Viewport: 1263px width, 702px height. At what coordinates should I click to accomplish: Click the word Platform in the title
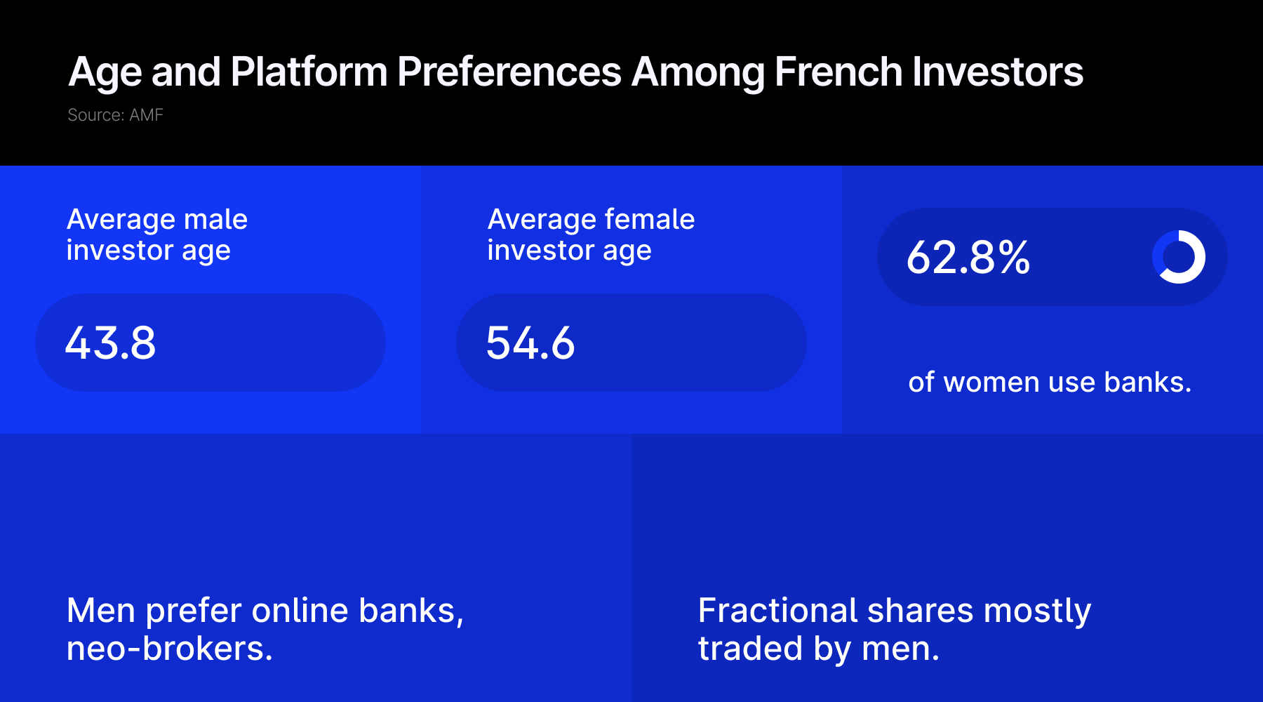[x=309, y=72]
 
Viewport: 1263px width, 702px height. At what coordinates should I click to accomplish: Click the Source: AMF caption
[x=115, y=115]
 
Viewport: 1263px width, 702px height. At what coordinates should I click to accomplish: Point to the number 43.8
[x=110, y=343]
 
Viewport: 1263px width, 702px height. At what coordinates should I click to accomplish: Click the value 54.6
[x=530, y=343]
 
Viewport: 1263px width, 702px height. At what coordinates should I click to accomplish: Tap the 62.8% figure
[x=968, y=258]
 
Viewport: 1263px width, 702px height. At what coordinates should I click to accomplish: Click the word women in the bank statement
[x=989, y=383]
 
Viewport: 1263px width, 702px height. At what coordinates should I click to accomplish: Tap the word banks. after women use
[x=1148, y=383]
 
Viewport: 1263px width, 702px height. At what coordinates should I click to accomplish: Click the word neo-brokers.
[x=170, y=649]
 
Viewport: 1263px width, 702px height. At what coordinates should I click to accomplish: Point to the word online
[x=300, y=611]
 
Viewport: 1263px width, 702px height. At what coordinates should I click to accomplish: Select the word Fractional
[x=778, y=611]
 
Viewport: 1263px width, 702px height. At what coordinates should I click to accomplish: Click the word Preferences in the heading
[x=509, y=72]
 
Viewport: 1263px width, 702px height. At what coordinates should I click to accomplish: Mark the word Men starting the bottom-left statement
[x=101, y=611]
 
